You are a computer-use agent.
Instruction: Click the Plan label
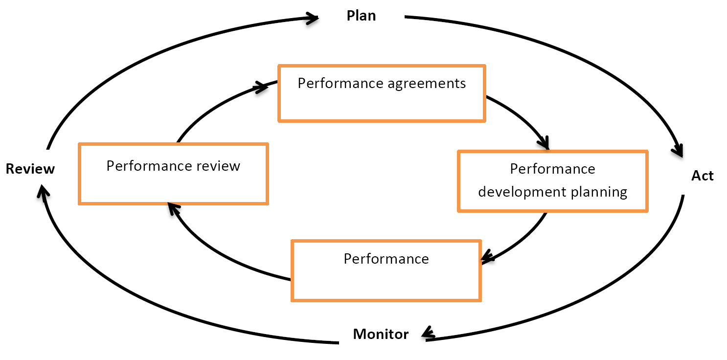361,16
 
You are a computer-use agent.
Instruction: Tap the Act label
702,176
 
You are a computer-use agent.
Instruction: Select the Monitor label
381,335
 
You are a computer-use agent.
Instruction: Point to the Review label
30,169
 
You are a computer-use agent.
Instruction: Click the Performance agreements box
382,93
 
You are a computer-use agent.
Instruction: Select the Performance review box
173,174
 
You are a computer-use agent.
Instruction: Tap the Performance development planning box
552,181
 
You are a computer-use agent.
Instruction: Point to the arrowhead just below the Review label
43,193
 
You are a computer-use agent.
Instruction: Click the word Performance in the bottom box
386,259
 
